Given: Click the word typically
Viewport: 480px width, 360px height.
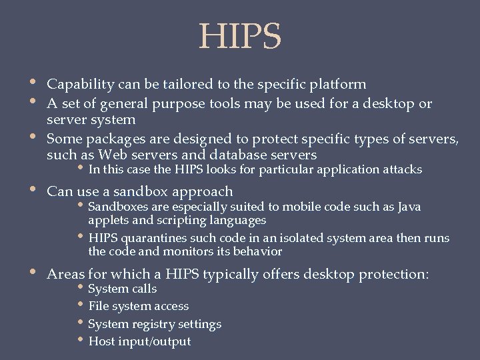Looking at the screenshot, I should [237, 274].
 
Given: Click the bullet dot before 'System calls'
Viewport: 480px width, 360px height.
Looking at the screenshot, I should [81, 288].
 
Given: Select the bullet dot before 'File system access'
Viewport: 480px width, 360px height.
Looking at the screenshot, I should [81, 305].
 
